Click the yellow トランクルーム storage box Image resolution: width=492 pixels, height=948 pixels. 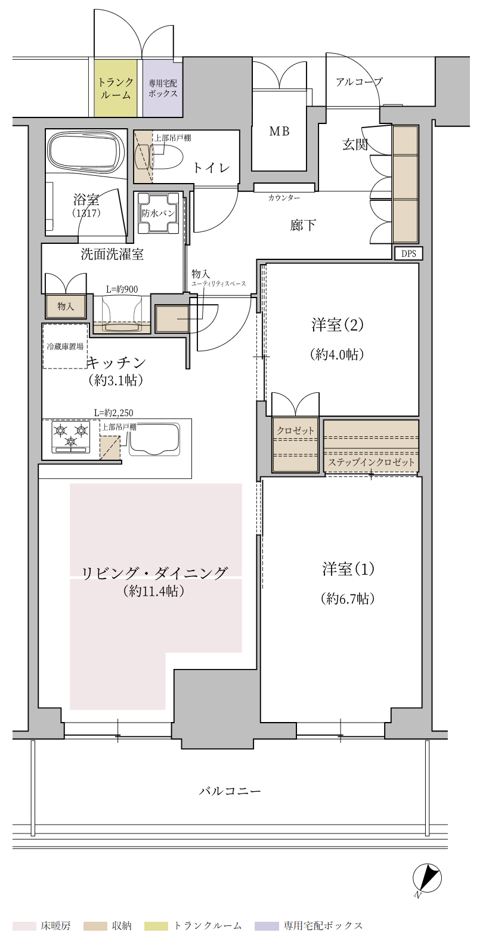pyautogui.click(x=116, y=88)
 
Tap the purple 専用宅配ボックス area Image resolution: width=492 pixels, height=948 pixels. pyautogui.click(x=162, y=88)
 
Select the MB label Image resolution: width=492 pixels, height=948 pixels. pyautogui.click(x=279, y=131)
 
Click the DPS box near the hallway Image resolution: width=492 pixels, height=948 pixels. pyautogui.click(x=409, y=253)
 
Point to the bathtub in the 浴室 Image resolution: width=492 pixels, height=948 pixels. pyautogui.click(x=87, y=153)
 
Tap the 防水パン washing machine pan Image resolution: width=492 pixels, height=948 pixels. pyautogui.click(x=158, y=213)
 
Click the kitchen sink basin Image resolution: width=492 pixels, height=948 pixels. pyautogui.click(x=154, y=439)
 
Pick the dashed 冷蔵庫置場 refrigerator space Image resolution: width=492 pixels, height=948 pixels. pyautogui.click(x=65, y=346)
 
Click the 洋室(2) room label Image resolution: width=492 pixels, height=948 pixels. pyautogui.click(x=337, y=325)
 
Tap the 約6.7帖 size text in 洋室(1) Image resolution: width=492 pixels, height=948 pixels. pyautogui.click(x=347, y=599)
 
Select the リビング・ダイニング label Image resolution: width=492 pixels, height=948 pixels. pyautogui.click(x=154, y=573)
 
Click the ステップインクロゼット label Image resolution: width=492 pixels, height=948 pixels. pyautogui.click(x=371, y=462)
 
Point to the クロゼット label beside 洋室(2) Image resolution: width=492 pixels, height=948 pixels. pyautogui.click(x=295, y=430)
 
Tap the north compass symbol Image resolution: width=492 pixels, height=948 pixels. pyautogui.click(x=427, y=879)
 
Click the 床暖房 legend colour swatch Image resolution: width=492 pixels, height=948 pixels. pyautogui.click(x=24, y=926)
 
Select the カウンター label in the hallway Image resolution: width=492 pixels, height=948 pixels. pyautogui.click(x=284, y=197)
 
